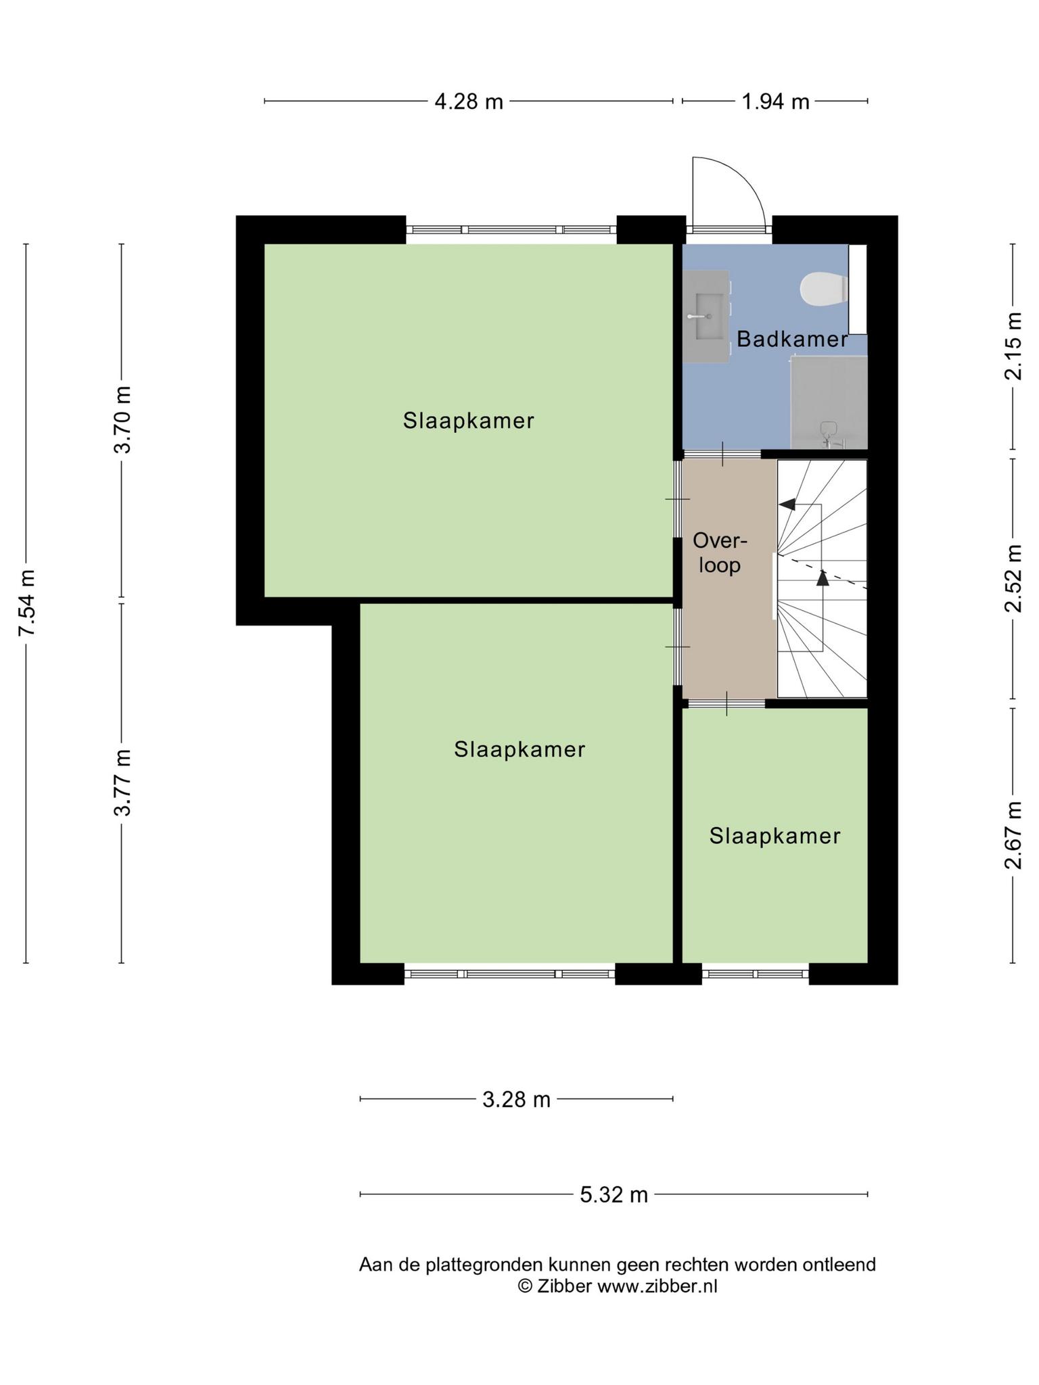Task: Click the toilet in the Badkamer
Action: (823, 289)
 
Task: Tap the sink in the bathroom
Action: (706, 316)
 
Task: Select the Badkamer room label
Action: (792, 339)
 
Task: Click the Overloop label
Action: (720, 553)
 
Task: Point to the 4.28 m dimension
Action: (468, 101)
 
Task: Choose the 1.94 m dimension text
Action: (775, 101)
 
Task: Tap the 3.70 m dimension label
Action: (122, 419)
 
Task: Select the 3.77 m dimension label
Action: (122, 782)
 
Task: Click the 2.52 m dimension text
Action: (1013, 578)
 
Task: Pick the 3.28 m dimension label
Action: (516, 1100)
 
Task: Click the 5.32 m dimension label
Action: (614, 1195)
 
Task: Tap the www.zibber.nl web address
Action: (657, 1286)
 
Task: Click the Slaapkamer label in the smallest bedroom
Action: (775, 836)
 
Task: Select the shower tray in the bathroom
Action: (829, 402)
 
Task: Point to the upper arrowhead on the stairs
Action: (787, 504)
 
